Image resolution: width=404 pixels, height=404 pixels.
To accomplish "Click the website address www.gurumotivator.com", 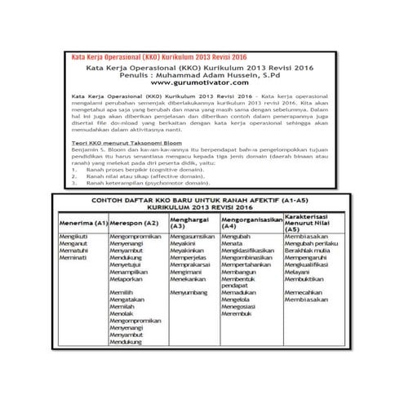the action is (x=201, y=82).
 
